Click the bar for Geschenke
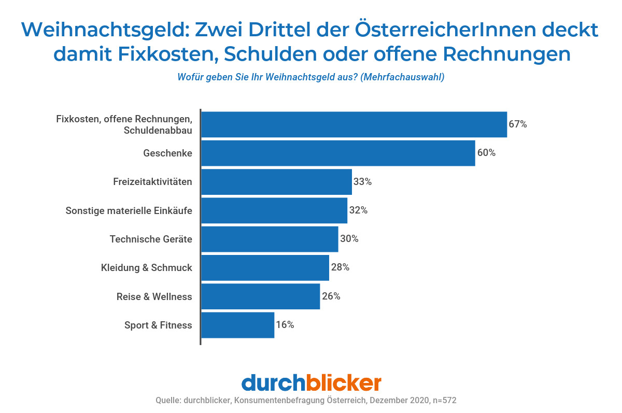coord(338,153)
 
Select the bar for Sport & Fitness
coord(237,325)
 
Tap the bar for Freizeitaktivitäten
coord(276,182)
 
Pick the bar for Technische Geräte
coord(270,239)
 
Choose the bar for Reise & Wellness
coord(260,296)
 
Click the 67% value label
coord(517,124)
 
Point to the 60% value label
coord(486,153)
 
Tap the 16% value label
coord(285,325)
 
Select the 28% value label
coord(340,267)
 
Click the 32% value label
coord(358,210)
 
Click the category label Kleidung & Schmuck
coord(146,268)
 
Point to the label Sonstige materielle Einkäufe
coord(129,211)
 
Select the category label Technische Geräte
coord(151,239)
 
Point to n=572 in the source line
coord(445,401)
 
